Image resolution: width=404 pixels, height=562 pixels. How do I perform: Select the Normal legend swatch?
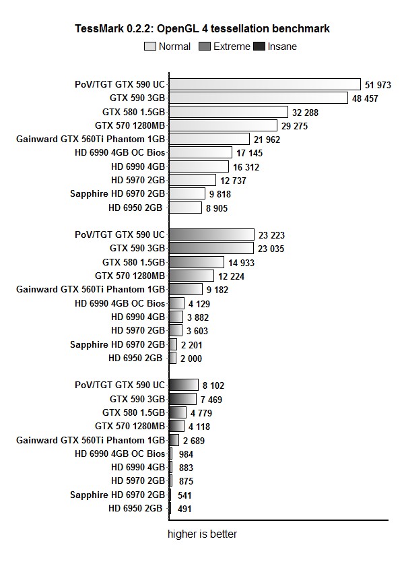149,46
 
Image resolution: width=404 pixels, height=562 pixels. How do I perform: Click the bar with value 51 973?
265,84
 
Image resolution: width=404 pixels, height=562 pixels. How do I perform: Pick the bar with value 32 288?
229,112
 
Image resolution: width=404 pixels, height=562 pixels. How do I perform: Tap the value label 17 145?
250,153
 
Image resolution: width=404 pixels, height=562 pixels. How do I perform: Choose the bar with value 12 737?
193,180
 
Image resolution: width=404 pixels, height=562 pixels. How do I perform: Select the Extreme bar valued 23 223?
211,235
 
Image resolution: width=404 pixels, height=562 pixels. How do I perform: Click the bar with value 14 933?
197,262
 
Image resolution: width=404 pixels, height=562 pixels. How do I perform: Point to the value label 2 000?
192,358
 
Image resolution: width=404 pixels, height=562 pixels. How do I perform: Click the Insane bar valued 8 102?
184,385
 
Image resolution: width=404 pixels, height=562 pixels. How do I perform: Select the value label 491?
185,509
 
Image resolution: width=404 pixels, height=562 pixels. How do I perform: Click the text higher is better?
202,534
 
